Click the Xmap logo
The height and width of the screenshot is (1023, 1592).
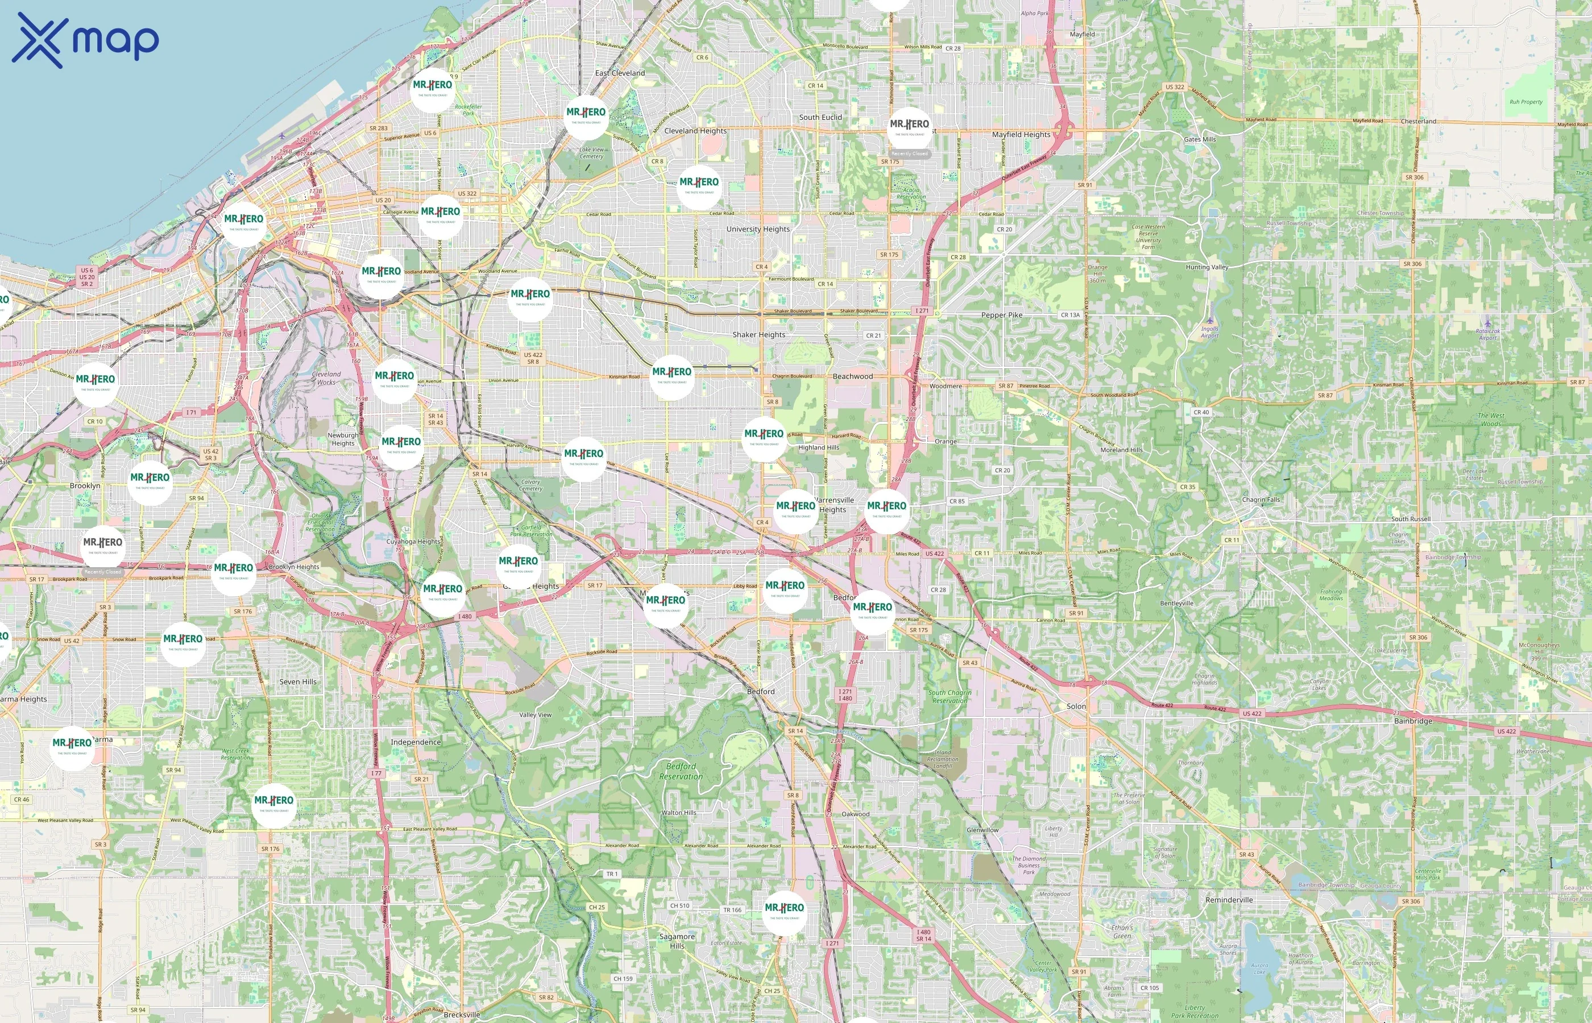click(85, 40)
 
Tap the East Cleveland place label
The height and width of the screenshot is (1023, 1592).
click(619, 73)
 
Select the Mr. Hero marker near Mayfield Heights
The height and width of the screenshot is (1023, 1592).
click(909, 128)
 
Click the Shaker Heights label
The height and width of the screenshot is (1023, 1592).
click(758, 335)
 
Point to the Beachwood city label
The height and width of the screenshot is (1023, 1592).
click(852, 377)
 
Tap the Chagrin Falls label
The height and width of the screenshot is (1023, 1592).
click(1260, 500)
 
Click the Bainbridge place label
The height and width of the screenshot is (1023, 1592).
click(1412, 721)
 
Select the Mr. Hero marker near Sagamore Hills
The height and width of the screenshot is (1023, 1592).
click(784, 912)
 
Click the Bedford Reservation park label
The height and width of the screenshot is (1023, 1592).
click(681, 771)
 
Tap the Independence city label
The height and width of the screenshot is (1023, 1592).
click(415, 742)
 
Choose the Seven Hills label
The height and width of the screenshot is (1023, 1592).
click(298, 681)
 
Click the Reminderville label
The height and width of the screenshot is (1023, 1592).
click(1229, 900)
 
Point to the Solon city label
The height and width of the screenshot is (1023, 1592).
click(1076, 706)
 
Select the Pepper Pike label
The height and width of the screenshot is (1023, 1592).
click(1001, 315)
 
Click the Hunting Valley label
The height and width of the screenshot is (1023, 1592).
click(1207, 267)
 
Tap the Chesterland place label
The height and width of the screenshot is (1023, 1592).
click(1418, 122)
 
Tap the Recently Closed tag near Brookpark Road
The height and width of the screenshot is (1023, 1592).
click(103, 572)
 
